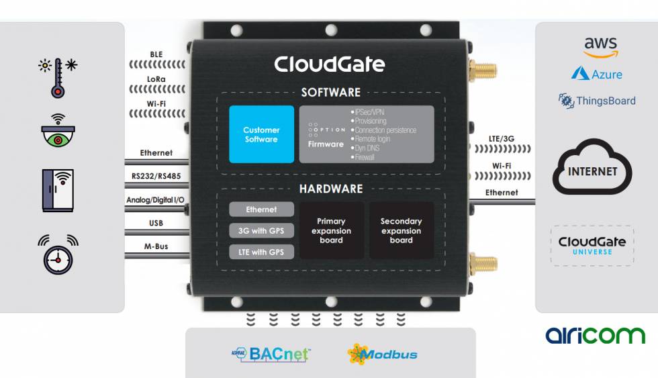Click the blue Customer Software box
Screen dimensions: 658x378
[261, 134]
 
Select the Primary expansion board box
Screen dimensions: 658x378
[332, 230]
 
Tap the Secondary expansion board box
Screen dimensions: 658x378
[402, 230]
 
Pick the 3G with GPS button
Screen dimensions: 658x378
[261, 231]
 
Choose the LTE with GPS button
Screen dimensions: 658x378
[261, 252]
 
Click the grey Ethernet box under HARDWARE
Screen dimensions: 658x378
[261, 209]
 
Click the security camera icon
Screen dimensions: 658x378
[58, 130]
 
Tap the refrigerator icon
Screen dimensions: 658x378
[58, 191]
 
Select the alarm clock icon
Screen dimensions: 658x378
[58, 254]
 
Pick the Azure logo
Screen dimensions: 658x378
[596, 74]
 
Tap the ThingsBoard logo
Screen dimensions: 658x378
[597, 101]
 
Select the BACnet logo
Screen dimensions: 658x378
[271, 354]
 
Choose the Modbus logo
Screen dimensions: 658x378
[382, 354]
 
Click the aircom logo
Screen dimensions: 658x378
[595, 336]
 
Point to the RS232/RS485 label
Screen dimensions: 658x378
[156, 176]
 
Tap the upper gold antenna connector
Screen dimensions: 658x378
[483, 70]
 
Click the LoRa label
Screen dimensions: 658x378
[156, 79]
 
